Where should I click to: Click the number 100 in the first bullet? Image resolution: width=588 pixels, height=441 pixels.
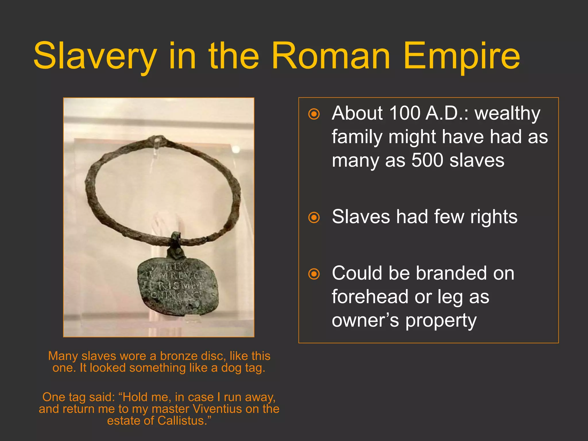coord(405,113)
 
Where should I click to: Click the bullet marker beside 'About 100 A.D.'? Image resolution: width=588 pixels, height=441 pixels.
coord(314,114)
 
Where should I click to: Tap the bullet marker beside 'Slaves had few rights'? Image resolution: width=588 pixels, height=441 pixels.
coord(314,217)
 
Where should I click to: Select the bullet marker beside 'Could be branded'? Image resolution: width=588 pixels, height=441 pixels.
coord(314,274)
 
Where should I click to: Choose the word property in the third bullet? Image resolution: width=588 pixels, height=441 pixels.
coord(441,321)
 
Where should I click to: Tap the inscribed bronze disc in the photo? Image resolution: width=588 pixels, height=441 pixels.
coord(178,286)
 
